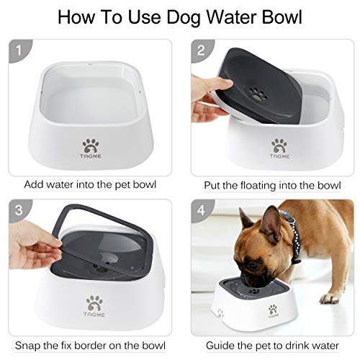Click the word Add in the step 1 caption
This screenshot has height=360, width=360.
pos(35,184)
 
